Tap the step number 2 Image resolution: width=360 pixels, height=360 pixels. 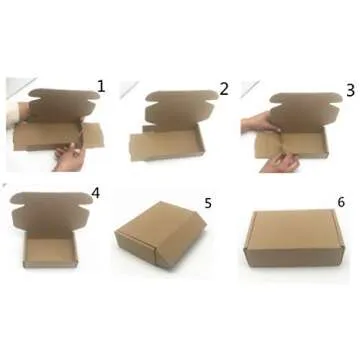224,88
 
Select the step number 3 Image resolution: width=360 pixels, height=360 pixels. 349,89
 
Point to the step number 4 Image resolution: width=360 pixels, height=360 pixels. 95,193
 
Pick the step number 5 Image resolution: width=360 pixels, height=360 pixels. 207,203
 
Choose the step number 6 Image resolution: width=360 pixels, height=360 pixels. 341,201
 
